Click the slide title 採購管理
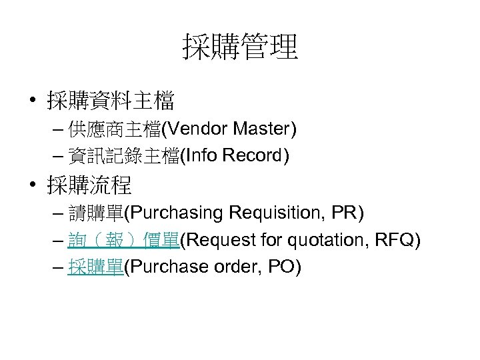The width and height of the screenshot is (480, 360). click(x=240, y=47)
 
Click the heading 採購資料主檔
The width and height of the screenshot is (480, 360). click(x=110, y=101)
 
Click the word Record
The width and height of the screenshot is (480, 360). click(x=253, y=156)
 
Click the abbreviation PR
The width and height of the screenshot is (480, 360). click(x=346, y=213)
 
